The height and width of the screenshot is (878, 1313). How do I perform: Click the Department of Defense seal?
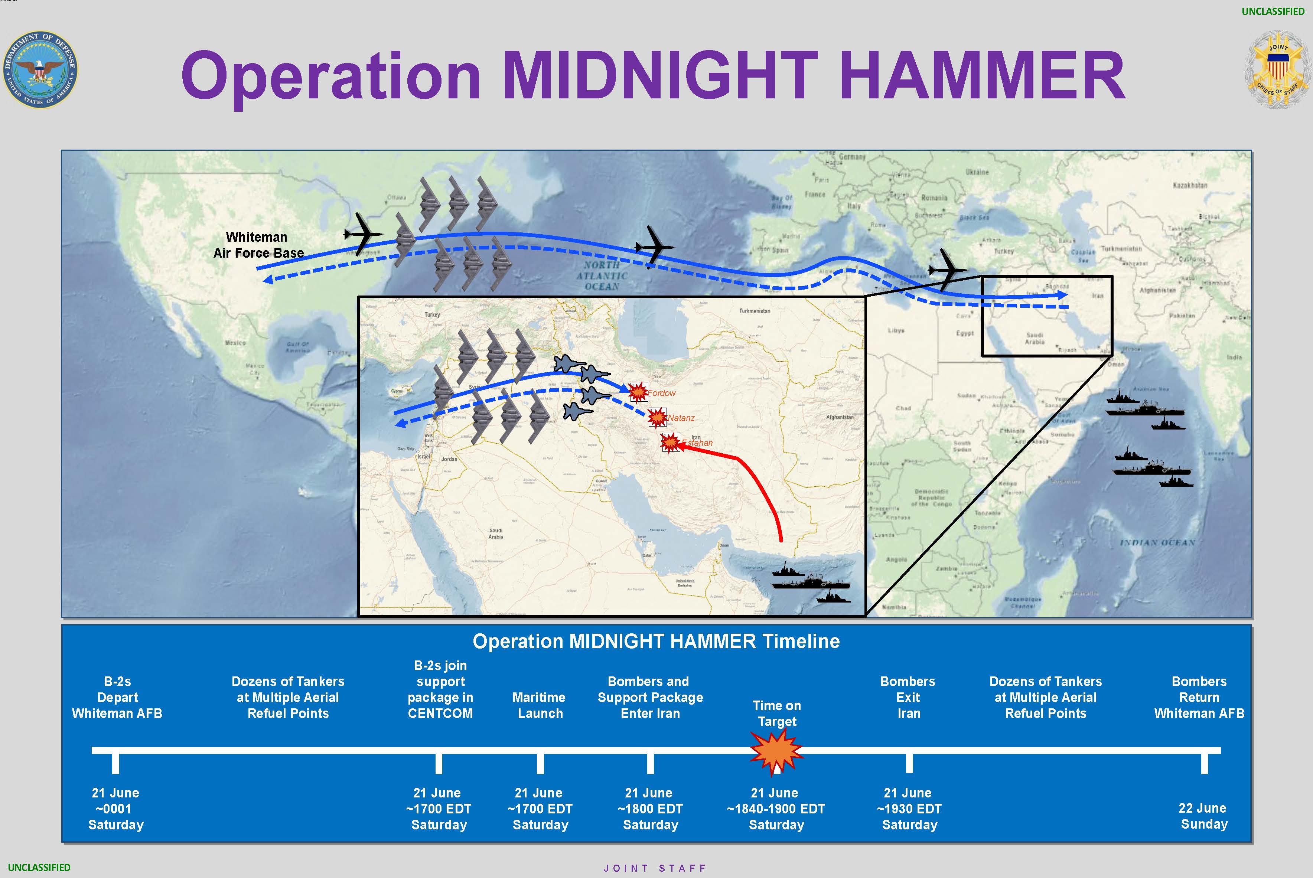pos(40,69)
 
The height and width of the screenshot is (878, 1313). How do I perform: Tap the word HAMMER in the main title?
pos(982,76)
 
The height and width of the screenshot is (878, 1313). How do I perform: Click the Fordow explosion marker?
pos(638,392)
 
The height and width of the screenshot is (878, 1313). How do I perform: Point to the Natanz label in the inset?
pos(681,418)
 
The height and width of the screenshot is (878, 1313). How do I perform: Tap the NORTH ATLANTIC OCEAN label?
pos(602,275)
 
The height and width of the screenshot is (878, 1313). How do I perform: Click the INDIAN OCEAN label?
pos(1157,543)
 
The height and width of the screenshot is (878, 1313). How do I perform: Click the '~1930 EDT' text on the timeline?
pos(909,809)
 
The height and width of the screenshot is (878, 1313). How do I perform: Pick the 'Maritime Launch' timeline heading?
pos(539,705)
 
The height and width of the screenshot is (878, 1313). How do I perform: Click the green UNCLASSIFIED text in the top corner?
pos(1273,11)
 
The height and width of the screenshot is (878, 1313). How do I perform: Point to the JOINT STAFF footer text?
pos(655,868)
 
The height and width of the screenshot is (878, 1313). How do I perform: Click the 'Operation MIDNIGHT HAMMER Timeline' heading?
pos(656,641)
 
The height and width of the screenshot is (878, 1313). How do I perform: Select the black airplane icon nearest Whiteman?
pos(363,234)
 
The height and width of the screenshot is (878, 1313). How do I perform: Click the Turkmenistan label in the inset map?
pos(754,311)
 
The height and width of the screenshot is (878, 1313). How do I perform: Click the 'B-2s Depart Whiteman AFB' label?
pos(117,697)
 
